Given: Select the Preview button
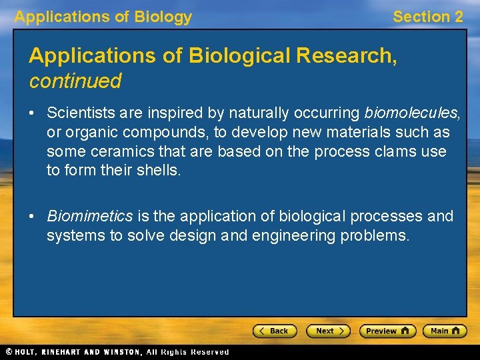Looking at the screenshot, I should [x=387, y=331].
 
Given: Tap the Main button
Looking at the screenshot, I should [x=445, y=331].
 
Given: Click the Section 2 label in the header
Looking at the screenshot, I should [x=427, y=17].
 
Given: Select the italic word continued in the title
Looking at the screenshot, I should [x=75, y=81].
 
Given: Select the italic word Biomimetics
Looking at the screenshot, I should [x=89, y=216].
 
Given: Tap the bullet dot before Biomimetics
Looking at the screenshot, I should [x=33, y=217].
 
